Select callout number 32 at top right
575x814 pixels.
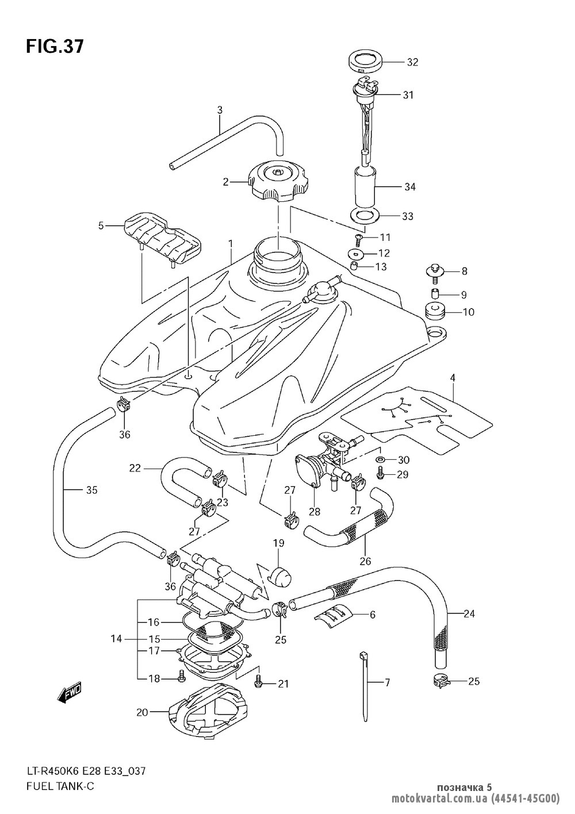(x=412, y=63)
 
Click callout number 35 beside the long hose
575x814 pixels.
(x=92, y=490)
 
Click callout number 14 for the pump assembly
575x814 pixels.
(x=117, y=639)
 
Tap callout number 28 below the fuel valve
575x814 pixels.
(x=315, y=512)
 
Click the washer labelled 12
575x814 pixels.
(x=356, y=253)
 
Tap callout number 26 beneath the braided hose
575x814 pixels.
(x=365, y=561)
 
